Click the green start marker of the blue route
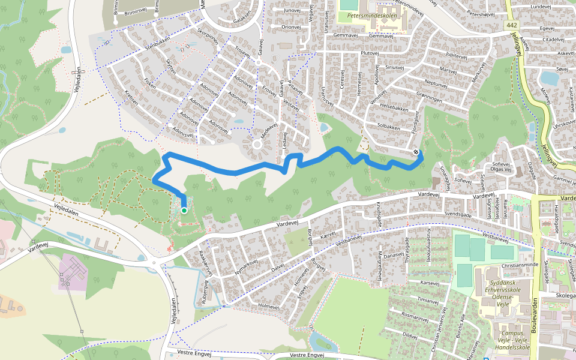click(x=184, y=210)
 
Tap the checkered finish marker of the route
click(x=416, y=152)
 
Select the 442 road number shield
click(x=511, y=25)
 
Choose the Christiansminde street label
click(x=520, y=264)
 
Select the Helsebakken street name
click(x=393, y=110)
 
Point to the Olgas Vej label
click(x=484, y=170)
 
